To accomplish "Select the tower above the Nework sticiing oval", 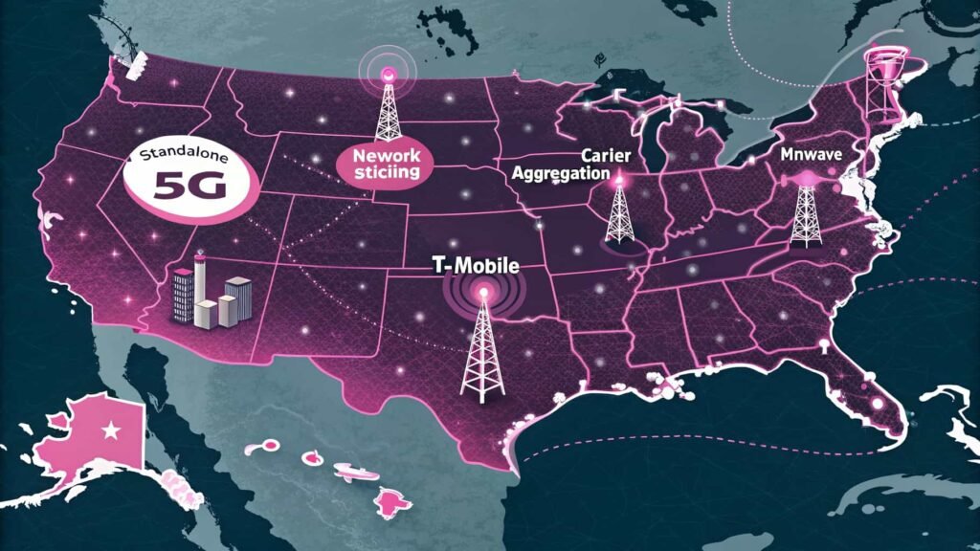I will click(x=387, y=105).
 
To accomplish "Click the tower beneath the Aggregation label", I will click(x=618, y=210).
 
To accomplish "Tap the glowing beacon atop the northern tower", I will click(x=387, y=73).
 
